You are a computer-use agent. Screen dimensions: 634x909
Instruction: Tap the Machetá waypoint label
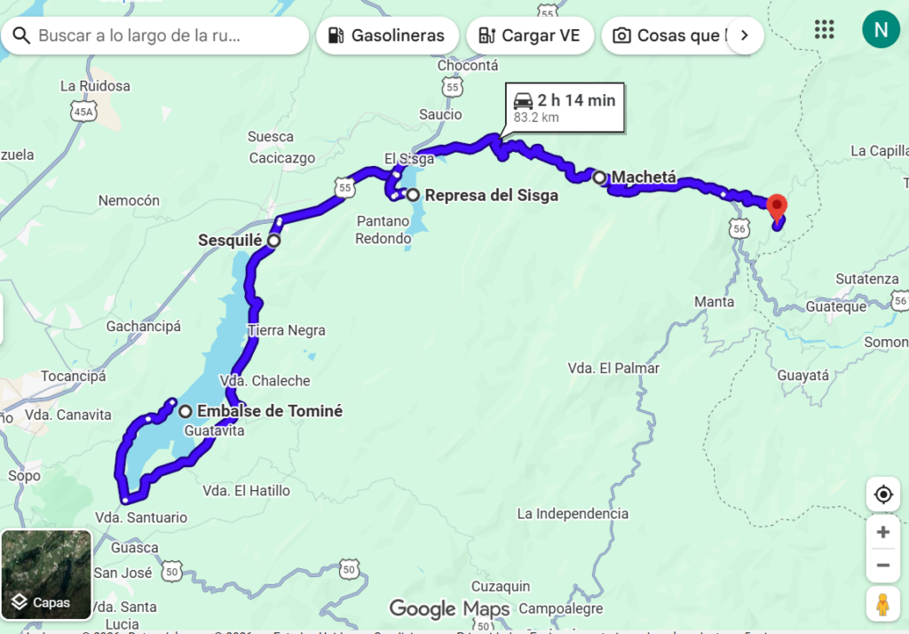click(x=644, y=178)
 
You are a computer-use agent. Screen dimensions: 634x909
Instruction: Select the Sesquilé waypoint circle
click(x=273, y=241)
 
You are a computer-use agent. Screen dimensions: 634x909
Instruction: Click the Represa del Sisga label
click(x=491, y=195)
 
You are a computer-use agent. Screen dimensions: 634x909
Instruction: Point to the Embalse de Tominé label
click(x=269, y=411)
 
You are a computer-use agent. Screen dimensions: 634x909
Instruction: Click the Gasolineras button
click(x=387, y=36)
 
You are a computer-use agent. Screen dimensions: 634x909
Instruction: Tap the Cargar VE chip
click(x=529, y=36)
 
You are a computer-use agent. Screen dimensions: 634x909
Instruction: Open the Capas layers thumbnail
click(x=46, y=575)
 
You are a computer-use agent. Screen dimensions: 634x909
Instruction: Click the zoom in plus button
click(x=882, y=532)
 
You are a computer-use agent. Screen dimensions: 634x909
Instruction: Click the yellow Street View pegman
click(x=882, y=604)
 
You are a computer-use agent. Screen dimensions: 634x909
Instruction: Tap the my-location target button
click(x=882, y=495)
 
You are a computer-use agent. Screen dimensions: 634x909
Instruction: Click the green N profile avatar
click(x=881, y=30)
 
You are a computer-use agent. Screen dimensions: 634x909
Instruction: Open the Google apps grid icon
click(x=825, y=29)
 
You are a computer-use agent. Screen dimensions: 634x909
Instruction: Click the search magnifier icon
click(x=21, y=36)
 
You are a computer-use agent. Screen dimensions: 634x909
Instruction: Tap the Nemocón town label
click(x=129, y=201)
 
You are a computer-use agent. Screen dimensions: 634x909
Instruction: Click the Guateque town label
click(x=835, y=306)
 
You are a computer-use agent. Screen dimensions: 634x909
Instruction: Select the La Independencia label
click(x=573, y=513)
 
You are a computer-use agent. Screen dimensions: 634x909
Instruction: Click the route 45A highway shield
click(x=83, y=111)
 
